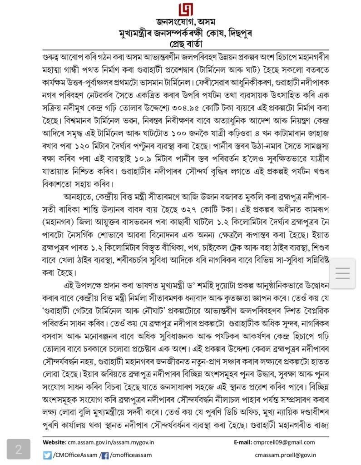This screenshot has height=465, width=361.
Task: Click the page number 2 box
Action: pos(19,449)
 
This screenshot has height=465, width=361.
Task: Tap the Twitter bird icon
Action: pos(47,455)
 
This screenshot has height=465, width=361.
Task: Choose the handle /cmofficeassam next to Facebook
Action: pos(130,455)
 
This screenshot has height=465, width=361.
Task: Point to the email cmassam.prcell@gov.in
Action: pos(286,455)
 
